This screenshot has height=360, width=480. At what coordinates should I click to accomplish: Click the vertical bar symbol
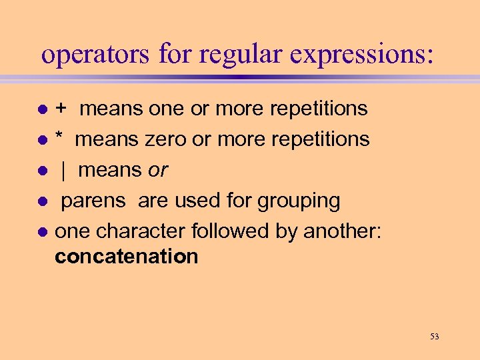(x=63, y=171)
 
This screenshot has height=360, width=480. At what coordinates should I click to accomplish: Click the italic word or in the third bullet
(x=158, y=171)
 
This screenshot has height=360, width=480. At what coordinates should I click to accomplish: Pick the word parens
(x=98, y=201)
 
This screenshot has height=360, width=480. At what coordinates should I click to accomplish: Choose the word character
(x=141, y=231)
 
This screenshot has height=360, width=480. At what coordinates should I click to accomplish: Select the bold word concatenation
(x=127, y=257)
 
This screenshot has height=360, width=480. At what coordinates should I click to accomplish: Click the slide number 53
(x=435, y=337)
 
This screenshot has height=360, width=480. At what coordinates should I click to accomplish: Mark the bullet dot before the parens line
(x=41, y=201)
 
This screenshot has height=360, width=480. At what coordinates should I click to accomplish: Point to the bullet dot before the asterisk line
(x=41, y=140)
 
